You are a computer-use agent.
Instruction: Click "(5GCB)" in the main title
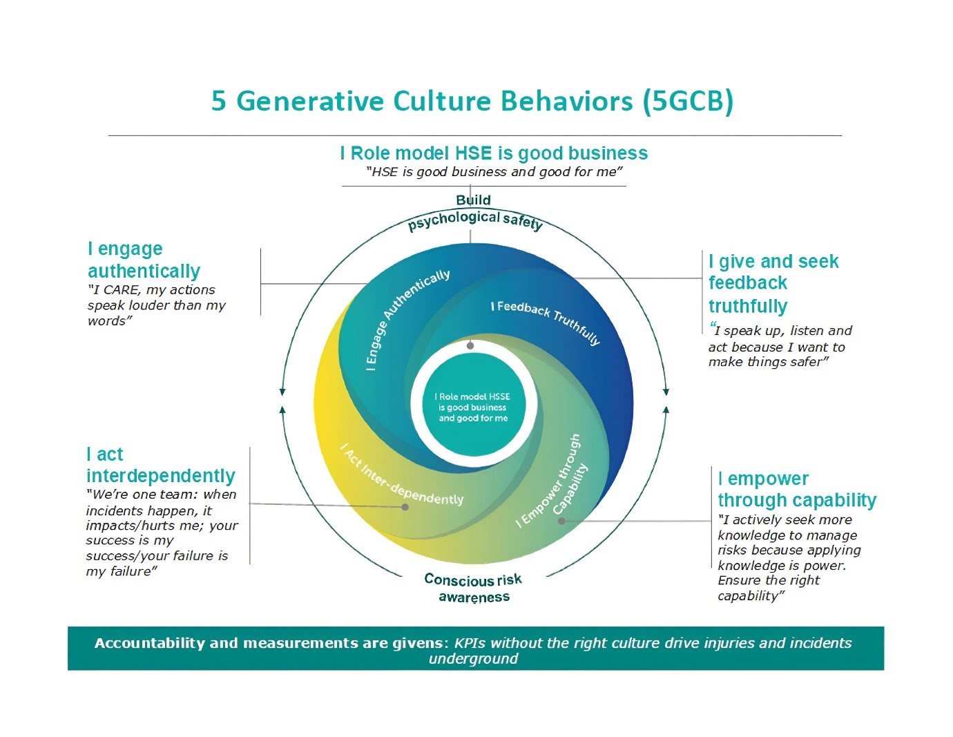pyautogui.click(x=687, y=102)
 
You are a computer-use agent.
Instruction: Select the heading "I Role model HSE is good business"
pyautogui.click(x=494, y=153)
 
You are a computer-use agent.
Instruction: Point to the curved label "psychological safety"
pyautogui.click(x=474, y=220)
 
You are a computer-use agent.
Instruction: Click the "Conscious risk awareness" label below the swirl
pyautogui.click(x=474, y=588)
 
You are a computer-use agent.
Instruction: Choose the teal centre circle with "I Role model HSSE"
pyautogui.click(x=473, y=407)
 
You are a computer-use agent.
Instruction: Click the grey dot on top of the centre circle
pyautogui.click(x=470, y=345)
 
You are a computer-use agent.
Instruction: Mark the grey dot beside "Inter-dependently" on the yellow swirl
pyautogui.click(x=405, y=507)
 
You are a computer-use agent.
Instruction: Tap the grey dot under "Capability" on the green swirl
pyautogui.click(x=561, y=521)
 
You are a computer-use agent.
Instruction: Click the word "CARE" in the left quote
pyautogui.click(x=121, y=290)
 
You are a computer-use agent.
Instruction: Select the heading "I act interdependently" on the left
pyautogui.click(x=160, y=465)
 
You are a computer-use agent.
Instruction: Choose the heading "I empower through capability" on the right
pyautogui.click(x=796, y=489)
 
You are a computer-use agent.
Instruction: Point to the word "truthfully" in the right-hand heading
pyautogui.click(x=748, y=306)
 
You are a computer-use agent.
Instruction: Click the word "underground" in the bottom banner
pyautogui.click(x=474, y=659)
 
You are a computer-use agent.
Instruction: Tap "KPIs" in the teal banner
pyautogui.click(x=470, y=643)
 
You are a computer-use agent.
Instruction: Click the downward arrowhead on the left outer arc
pyautogui.click(x=282, y=392)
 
